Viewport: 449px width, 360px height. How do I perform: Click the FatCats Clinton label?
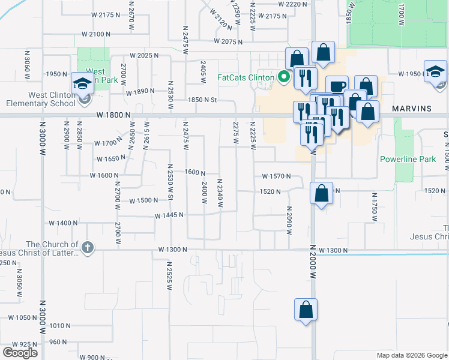[x=245, y=77]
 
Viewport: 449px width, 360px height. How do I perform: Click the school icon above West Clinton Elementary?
[x=81, y=83]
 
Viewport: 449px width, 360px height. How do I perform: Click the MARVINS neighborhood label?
[x=412, y=109]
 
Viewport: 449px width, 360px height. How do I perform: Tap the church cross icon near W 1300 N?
[x=88, y=247]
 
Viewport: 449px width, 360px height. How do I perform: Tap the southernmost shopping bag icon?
[x=306, y=310]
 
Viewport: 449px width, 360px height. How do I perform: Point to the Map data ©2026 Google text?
[x=412, y=355]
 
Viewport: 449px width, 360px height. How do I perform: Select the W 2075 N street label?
[x=228, y=42]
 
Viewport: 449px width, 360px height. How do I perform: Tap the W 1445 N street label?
[x=169, y=215]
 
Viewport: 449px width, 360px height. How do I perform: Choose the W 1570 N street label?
[x=276, y=176]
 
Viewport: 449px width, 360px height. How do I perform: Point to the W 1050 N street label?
[x=23, y=316]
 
